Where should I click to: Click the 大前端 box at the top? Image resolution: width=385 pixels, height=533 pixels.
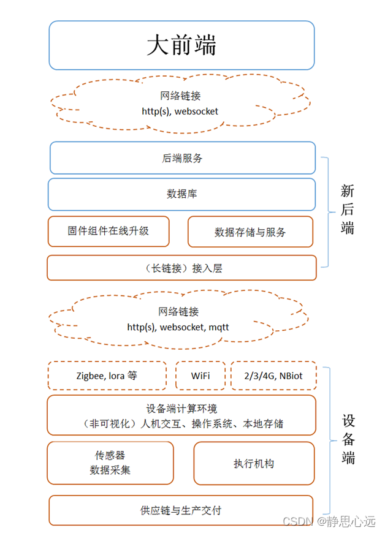tap(181, 45)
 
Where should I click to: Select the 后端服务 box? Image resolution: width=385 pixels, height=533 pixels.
tap(182, 158)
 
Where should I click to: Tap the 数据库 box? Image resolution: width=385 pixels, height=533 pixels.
tap(182, 194)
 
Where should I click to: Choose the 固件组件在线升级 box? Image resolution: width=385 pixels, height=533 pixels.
tap(109, 231)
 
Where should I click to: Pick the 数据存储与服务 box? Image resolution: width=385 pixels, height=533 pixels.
tap(250, 232)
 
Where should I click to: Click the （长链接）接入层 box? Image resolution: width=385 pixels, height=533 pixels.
tap(181, 268)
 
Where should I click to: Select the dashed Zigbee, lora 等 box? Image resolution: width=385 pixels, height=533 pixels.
tap(107, 376)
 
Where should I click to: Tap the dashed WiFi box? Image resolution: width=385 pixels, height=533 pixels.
tap(200, 376)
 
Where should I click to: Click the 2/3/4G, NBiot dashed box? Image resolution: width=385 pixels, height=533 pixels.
tap(273, 376)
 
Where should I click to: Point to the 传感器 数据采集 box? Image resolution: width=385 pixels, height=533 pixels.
tap(110, 463)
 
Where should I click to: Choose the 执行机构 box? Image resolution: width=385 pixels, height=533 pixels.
tap(254, 463)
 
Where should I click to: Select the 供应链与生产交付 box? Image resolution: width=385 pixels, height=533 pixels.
tap(181, 510)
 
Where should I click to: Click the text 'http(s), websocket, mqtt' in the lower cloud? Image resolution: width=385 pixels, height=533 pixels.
tap(178, 327)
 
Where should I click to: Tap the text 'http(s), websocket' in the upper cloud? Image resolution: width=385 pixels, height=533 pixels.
tap(180, 112)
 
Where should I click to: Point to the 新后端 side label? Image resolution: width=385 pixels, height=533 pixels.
tap(348, 210)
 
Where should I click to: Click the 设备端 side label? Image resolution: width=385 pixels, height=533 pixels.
tap(348, 439)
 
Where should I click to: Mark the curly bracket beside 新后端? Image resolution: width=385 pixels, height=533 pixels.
tap(326, 212)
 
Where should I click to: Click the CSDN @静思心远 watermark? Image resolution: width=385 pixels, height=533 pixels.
tap(329, 521)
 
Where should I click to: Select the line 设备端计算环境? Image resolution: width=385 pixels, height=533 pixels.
tap(181, 409)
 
